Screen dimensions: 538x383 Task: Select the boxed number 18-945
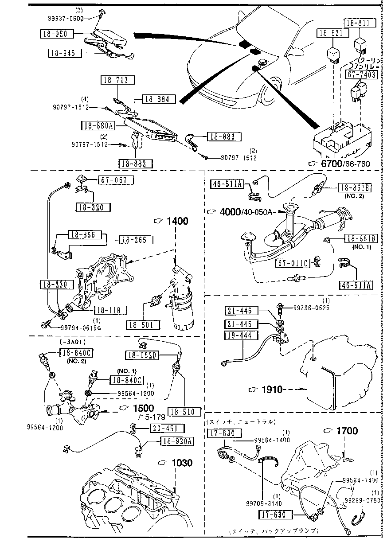coord(65,54)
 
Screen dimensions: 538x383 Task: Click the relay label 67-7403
coord(361,74)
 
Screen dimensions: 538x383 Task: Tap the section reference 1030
coord(182,463)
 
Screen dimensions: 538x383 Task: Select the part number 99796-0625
coord(313,308)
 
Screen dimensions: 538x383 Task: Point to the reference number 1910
coord(272,390)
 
